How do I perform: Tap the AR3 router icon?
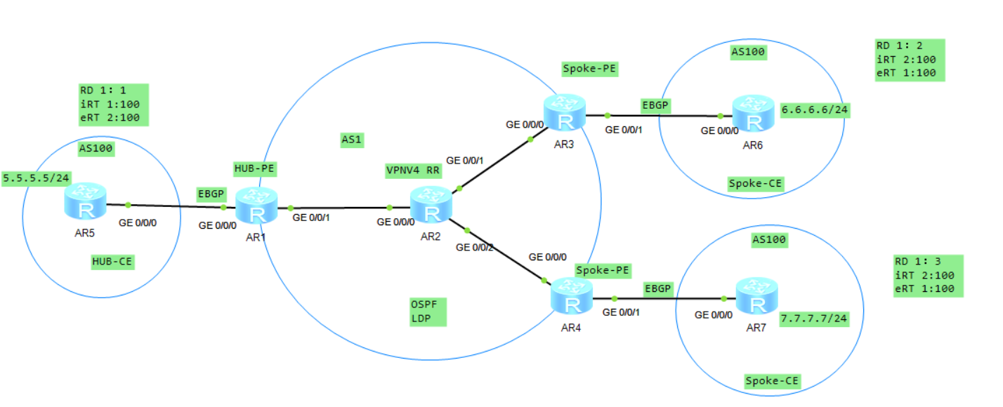[x=565, y=114]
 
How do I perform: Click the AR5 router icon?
[x=85, y=202]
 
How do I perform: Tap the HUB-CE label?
[x=112, y=262]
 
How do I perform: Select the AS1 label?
[x=351, y=140]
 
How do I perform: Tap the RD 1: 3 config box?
[x=924, y=275]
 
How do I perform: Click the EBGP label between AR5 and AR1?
[x=210, y=192]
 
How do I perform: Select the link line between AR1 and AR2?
[x=340, y=208]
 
